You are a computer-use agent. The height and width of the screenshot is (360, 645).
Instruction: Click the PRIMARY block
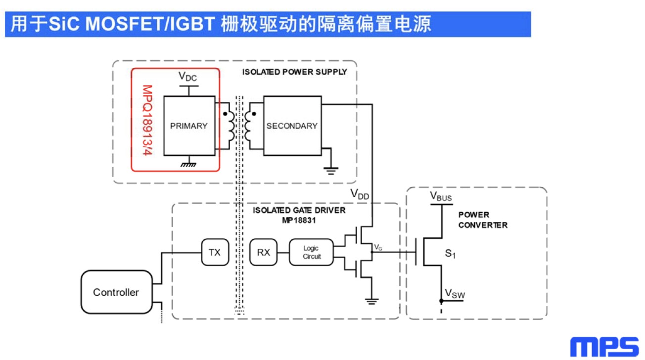[189, 126]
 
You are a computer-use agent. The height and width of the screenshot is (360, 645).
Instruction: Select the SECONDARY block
[292, 126]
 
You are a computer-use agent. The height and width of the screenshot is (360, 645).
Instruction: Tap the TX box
[214, 252]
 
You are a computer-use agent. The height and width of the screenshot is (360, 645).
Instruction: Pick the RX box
[264, 252]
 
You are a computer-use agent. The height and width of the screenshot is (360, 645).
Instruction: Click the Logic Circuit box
[312, 252]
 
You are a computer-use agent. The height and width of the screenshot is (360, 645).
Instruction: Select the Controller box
[116, 292]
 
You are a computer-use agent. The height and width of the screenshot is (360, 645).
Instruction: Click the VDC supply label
[188, 77]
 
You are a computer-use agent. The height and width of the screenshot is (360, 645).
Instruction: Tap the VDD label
[360, 194]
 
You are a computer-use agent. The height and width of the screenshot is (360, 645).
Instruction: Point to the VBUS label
[441, 196]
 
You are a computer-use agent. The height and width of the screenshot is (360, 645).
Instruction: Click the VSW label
[455, 294]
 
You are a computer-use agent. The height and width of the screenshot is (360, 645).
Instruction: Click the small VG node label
[378, 247]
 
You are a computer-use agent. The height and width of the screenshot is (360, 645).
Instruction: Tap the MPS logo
[604, 347]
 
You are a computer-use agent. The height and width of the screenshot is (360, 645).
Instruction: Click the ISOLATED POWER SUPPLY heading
[294, 72]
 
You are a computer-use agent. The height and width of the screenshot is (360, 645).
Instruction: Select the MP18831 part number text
[299, 220]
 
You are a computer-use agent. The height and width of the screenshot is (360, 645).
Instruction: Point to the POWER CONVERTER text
[483, 220]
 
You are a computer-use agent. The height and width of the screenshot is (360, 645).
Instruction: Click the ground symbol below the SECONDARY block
[331, 171]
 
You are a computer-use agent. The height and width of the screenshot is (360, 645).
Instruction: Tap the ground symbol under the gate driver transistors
[371, 301]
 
